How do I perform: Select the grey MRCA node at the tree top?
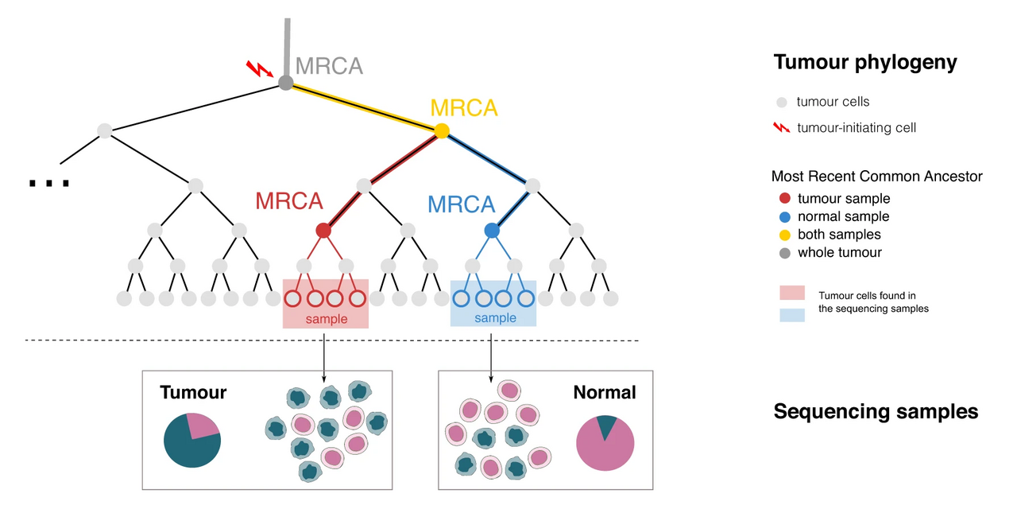coord(286,83)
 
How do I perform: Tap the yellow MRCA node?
coord(442,130)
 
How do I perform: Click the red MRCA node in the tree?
coord(323,231)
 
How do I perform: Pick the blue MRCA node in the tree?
coord(492,231)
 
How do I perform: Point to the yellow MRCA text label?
coord(464,107)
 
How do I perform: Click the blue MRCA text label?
coord(461,204)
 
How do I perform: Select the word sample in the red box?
coord(327,319)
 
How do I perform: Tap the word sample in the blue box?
coord(495,318)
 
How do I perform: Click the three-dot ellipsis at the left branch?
coord(48,184)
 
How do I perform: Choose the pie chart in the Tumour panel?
coord(191,440)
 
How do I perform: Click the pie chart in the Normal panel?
coord(605,442)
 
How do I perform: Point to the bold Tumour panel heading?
coord(193,392)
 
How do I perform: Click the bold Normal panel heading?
coord(605,392)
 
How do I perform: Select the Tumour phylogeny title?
coord(865,63)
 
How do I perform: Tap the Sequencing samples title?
coord(876,411)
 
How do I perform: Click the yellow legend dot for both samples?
coord(785,235)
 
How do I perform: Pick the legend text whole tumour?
coord(839,253)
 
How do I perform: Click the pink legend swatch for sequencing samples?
coord(792,293)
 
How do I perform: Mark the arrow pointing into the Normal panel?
coord(491,358)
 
